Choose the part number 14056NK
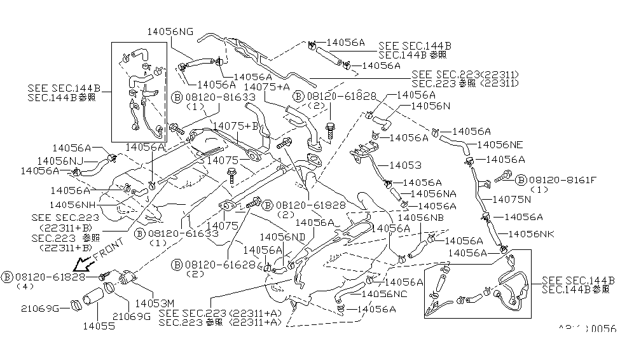coord(530,235)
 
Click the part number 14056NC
coord(385,294)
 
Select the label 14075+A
coord(267,87)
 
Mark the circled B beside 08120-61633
coord(139,234)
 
